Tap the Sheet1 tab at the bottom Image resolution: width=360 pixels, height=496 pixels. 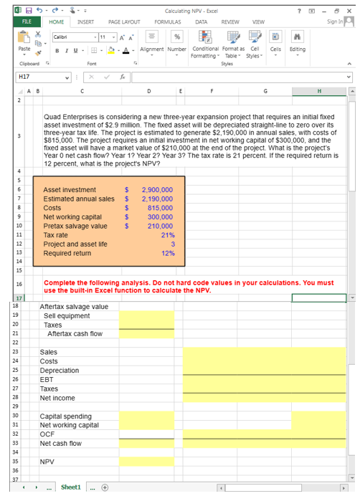71,487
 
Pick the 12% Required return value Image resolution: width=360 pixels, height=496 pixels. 169,253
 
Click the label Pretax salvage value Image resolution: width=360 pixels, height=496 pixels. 75,226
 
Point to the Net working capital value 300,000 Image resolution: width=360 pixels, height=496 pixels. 160,216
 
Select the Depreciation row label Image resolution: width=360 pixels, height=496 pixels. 60,371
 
